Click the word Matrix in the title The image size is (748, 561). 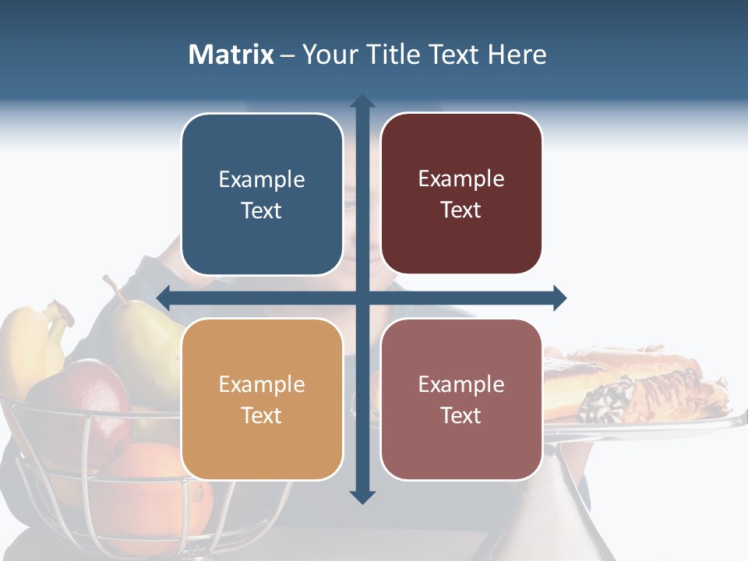click(231, 55)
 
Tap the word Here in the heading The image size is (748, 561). click(517, 55)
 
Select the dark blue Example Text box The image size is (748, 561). click(262, 194)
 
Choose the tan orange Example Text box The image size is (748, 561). click(262, 399)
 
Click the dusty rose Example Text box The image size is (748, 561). click(461, 399)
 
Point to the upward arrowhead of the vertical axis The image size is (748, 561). click(362, 101)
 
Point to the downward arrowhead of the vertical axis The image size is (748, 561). click(362, 496)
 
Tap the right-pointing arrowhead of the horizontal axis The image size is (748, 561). click(559, 298)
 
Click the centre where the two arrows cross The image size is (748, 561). click(362, 298)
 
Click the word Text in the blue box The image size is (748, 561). click(262, 210)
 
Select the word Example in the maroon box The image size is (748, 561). click(461, 178)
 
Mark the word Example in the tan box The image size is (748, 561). click(262, 384)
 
